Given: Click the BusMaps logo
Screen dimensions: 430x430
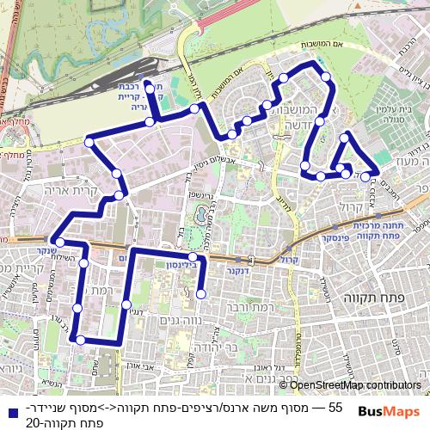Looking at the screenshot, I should (x=395, y=411).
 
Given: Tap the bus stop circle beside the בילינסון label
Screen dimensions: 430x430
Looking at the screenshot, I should (x=193, y=257).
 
